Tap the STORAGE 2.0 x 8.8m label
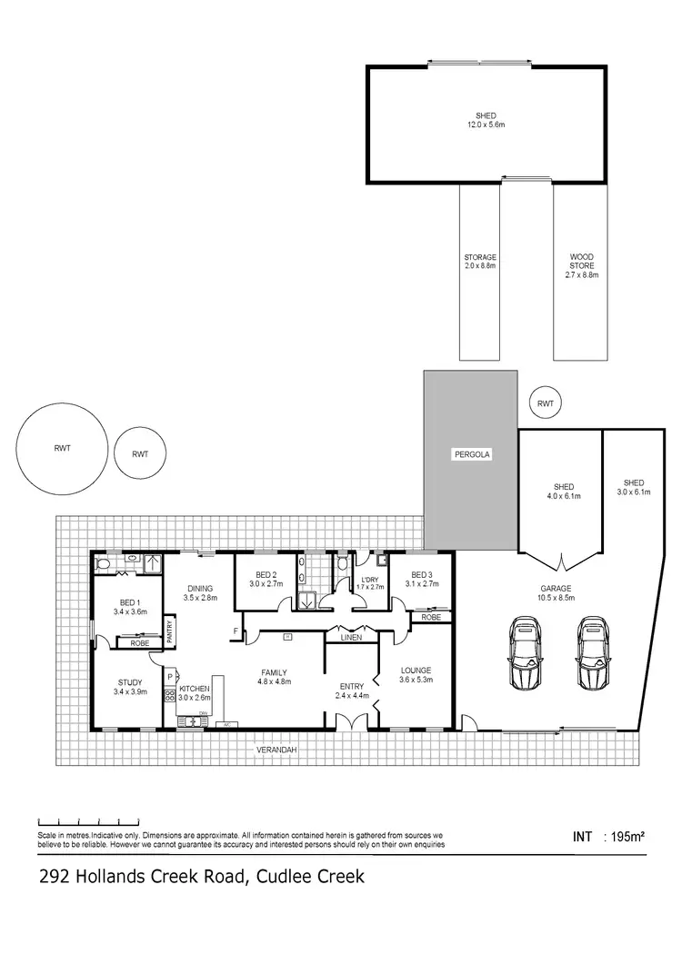[x=480, y=269]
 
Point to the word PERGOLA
[x=471, y=453]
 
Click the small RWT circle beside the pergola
[x=546, y=404]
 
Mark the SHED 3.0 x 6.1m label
[x=634, y=487]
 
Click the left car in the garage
[x=525, y=654]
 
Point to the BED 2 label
[x=266, y=579]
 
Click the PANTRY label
[x=171, y=629]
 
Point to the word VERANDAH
[x=277, y=750]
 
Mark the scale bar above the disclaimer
[x=88, y=818]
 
